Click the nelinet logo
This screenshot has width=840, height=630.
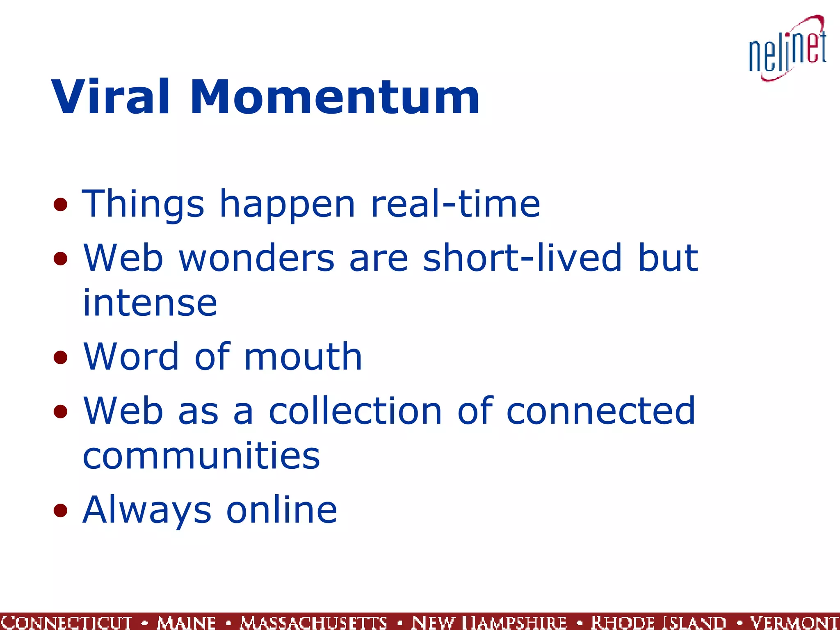(787, 48)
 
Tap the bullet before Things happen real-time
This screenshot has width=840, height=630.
(60, 204)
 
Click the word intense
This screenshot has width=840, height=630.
(150, 303)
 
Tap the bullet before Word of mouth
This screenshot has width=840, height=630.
(60, 357)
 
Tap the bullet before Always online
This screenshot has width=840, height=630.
(60, 510)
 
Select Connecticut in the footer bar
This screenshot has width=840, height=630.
(67, 622)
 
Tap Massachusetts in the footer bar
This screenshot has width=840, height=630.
(313, 622)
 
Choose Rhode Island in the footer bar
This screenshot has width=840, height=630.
(658, 622)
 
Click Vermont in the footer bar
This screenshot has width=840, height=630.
(794, 622)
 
